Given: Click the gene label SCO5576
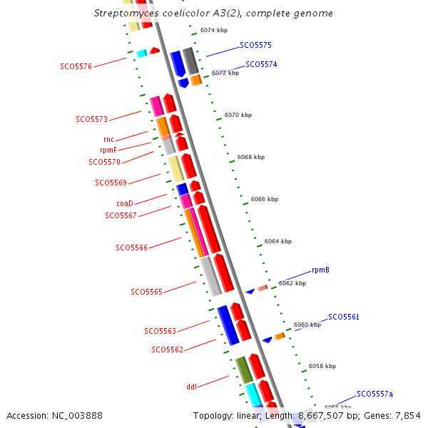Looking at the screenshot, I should click(76, 66).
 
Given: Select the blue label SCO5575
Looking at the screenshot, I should click(255, 45).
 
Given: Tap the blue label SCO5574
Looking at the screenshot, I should click(261, 64).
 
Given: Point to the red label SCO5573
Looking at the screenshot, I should click(91, 119).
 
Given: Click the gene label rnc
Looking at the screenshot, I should click(108, 139).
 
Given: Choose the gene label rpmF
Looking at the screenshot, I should click(108, 150).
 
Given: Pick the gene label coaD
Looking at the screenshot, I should click(125, 203).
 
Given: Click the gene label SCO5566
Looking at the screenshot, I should click(131, 248).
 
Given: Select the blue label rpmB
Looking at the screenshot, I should click(320, 270).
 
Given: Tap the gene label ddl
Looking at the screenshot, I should click(191, 387).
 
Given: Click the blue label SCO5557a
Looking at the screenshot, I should click(374, 394).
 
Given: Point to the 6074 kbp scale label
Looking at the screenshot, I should click(213, 30).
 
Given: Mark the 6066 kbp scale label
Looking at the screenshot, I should click(265, 199).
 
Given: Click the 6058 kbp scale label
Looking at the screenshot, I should click(322, 366).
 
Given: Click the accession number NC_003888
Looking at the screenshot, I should click(54, 415).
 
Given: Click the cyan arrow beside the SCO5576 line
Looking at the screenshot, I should click(141, 53).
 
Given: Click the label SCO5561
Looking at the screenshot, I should click(344, 317).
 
